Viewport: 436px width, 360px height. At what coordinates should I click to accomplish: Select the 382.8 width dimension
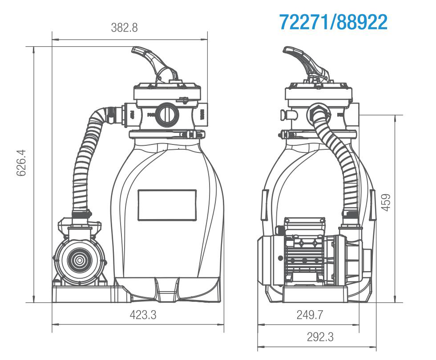tap(124, 28)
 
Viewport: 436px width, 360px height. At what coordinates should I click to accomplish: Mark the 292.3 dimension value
tap(320, 337)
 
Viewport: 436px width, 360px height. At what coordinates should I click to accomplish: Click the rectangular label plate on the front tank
tap(167, 205)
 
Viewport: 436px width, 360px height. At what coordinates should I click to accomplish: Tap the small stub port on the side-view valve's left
tap(285, 115)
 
